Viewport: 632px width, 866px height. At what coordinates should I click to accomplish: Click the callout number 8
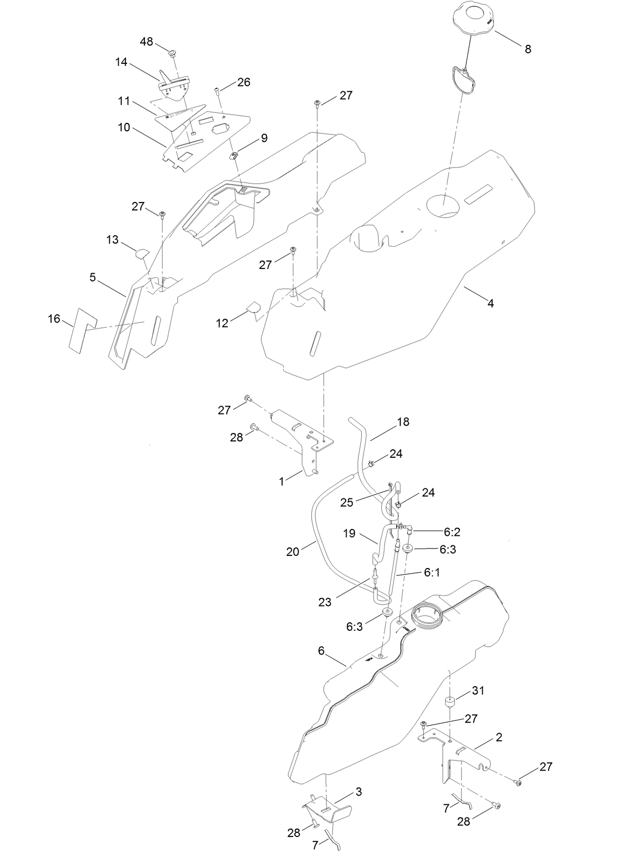click(528, 49)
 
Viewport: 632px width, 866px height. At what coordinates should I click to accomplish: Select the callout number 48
click(147, 41)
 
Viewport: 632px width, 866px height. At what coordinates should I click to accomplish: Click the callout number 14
click(121, 62)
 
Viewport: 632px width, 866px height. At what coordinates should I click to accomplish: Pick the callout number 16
click(54, 319)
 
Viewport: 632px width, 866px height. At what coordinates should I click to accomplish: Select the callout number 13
click(112, 240)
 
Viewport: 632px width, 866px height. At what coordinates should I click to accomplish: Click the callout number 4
click(491, 304)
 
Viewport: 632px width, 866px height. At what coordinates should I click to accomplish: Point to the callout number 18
click(403, 422)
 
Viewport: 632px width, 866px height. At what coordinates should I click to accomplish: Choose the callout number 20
click(293, 552)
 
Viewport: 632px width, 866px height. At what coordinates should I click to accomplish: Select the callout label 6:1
click(432, 572)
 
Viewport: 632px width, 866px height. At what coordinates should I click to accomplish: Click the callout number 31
click(478, 690)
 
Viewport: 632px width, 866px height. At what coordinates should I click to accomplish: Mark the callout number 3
click(359, 792)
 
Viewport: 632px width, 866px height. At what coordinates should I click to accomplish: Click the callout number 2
click(499, 737)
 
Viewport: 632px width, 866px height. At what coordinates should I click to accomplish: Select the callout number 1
click(282, 482)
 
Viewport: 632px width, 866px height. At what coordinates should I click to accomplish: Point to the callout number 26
click(244, 82)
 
